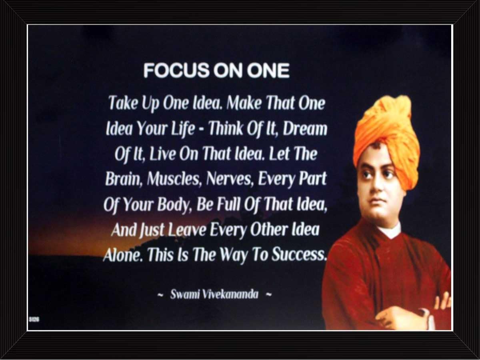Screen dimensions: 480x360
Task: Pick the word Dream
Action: (x=305, y=128)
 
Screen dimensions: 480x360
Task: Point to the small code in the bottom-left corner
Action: (x=34, y=320)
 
